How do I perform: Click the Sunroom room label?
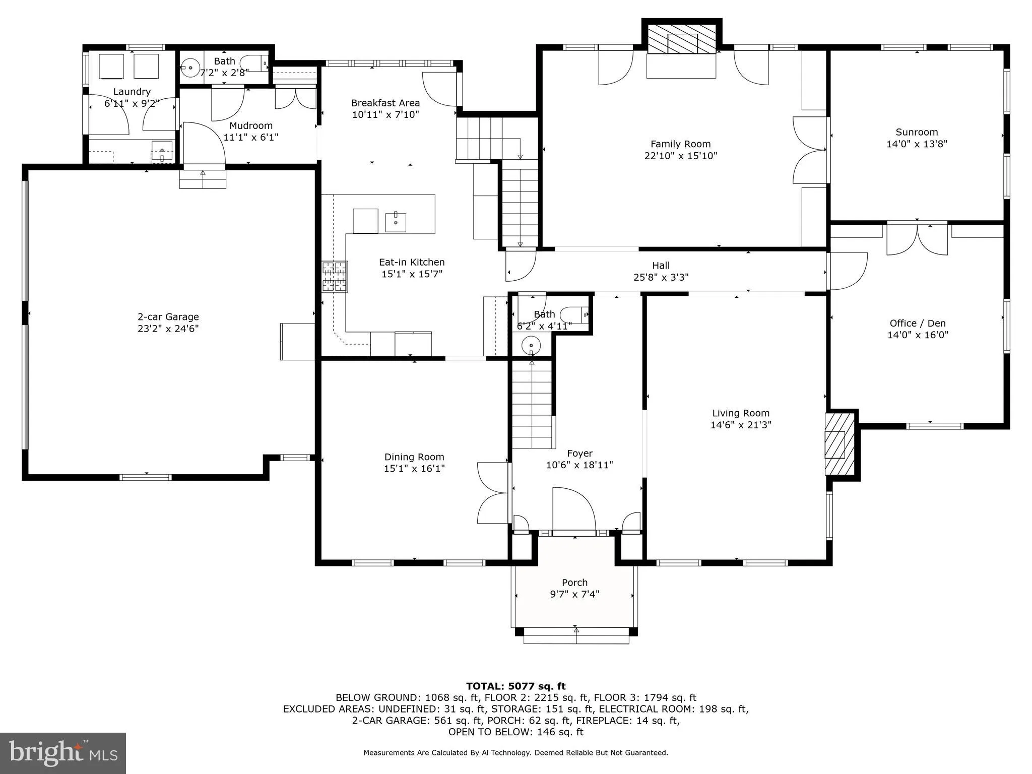point(917,132)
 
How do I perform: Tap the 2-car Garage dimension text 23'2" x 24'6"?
point(168,329)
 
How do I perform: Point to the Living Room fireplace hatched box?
point(840,444)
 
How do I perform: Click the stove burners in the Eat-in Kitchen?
point(335,276)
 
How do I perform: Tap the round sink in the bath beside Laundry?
point(190,68)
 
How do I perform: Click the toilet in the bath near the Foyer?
point(574,314)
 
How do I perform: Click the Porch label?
point(574,583)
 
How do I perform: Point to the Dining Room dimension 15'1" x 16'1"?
point(414,469)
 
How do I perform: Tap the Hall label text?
point(661,266)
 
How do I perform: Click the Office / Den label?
point(917,323)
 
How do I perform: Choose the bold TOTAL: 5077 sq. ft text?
point(515,686)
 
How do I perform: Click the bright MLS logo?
point(63,753)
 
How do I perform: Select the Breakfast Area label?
point(385,103)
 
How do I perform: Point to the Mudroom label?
point(251,125)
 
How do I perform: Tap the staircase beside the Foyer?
point(532,403)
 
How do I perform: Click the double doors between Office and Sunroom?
point(917,240)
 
